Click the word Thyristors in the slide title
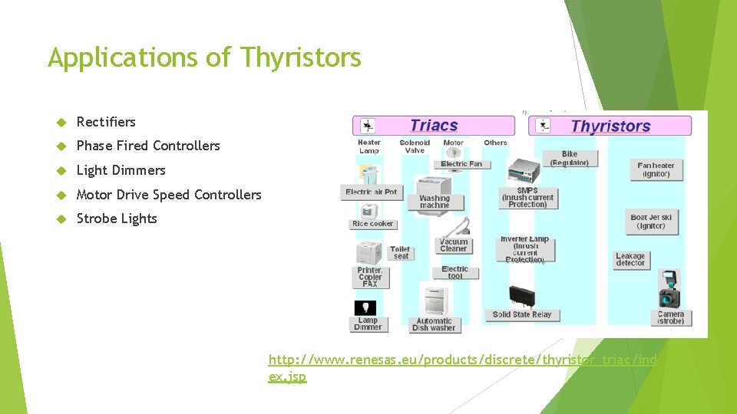(300, 58)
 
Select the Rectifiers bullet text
(106, 122)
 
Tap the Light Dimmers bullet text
(121, 170)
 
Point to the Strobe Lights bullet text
(117, 219)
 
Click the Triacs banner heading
(434, 126)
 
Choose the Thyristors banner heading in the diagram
(610, 127)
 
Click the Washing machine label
(435, 202)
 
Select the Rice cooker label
(372, 224)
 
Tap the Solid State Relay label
(522, 314)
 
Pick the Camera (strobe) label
(670, 317)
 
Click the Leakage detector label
(630, 260)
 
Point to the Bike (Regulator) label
(569, 159)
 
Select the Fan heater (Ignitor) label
(655, 169)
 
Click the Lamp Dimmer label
(368, 324)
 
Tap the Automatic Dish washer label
(434, 324)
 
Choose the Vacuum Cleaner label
(454, 245)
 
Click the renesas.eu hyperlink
(463, 367)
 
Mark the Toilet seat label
(400, 252)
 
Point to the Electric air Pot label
(372, 192)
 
